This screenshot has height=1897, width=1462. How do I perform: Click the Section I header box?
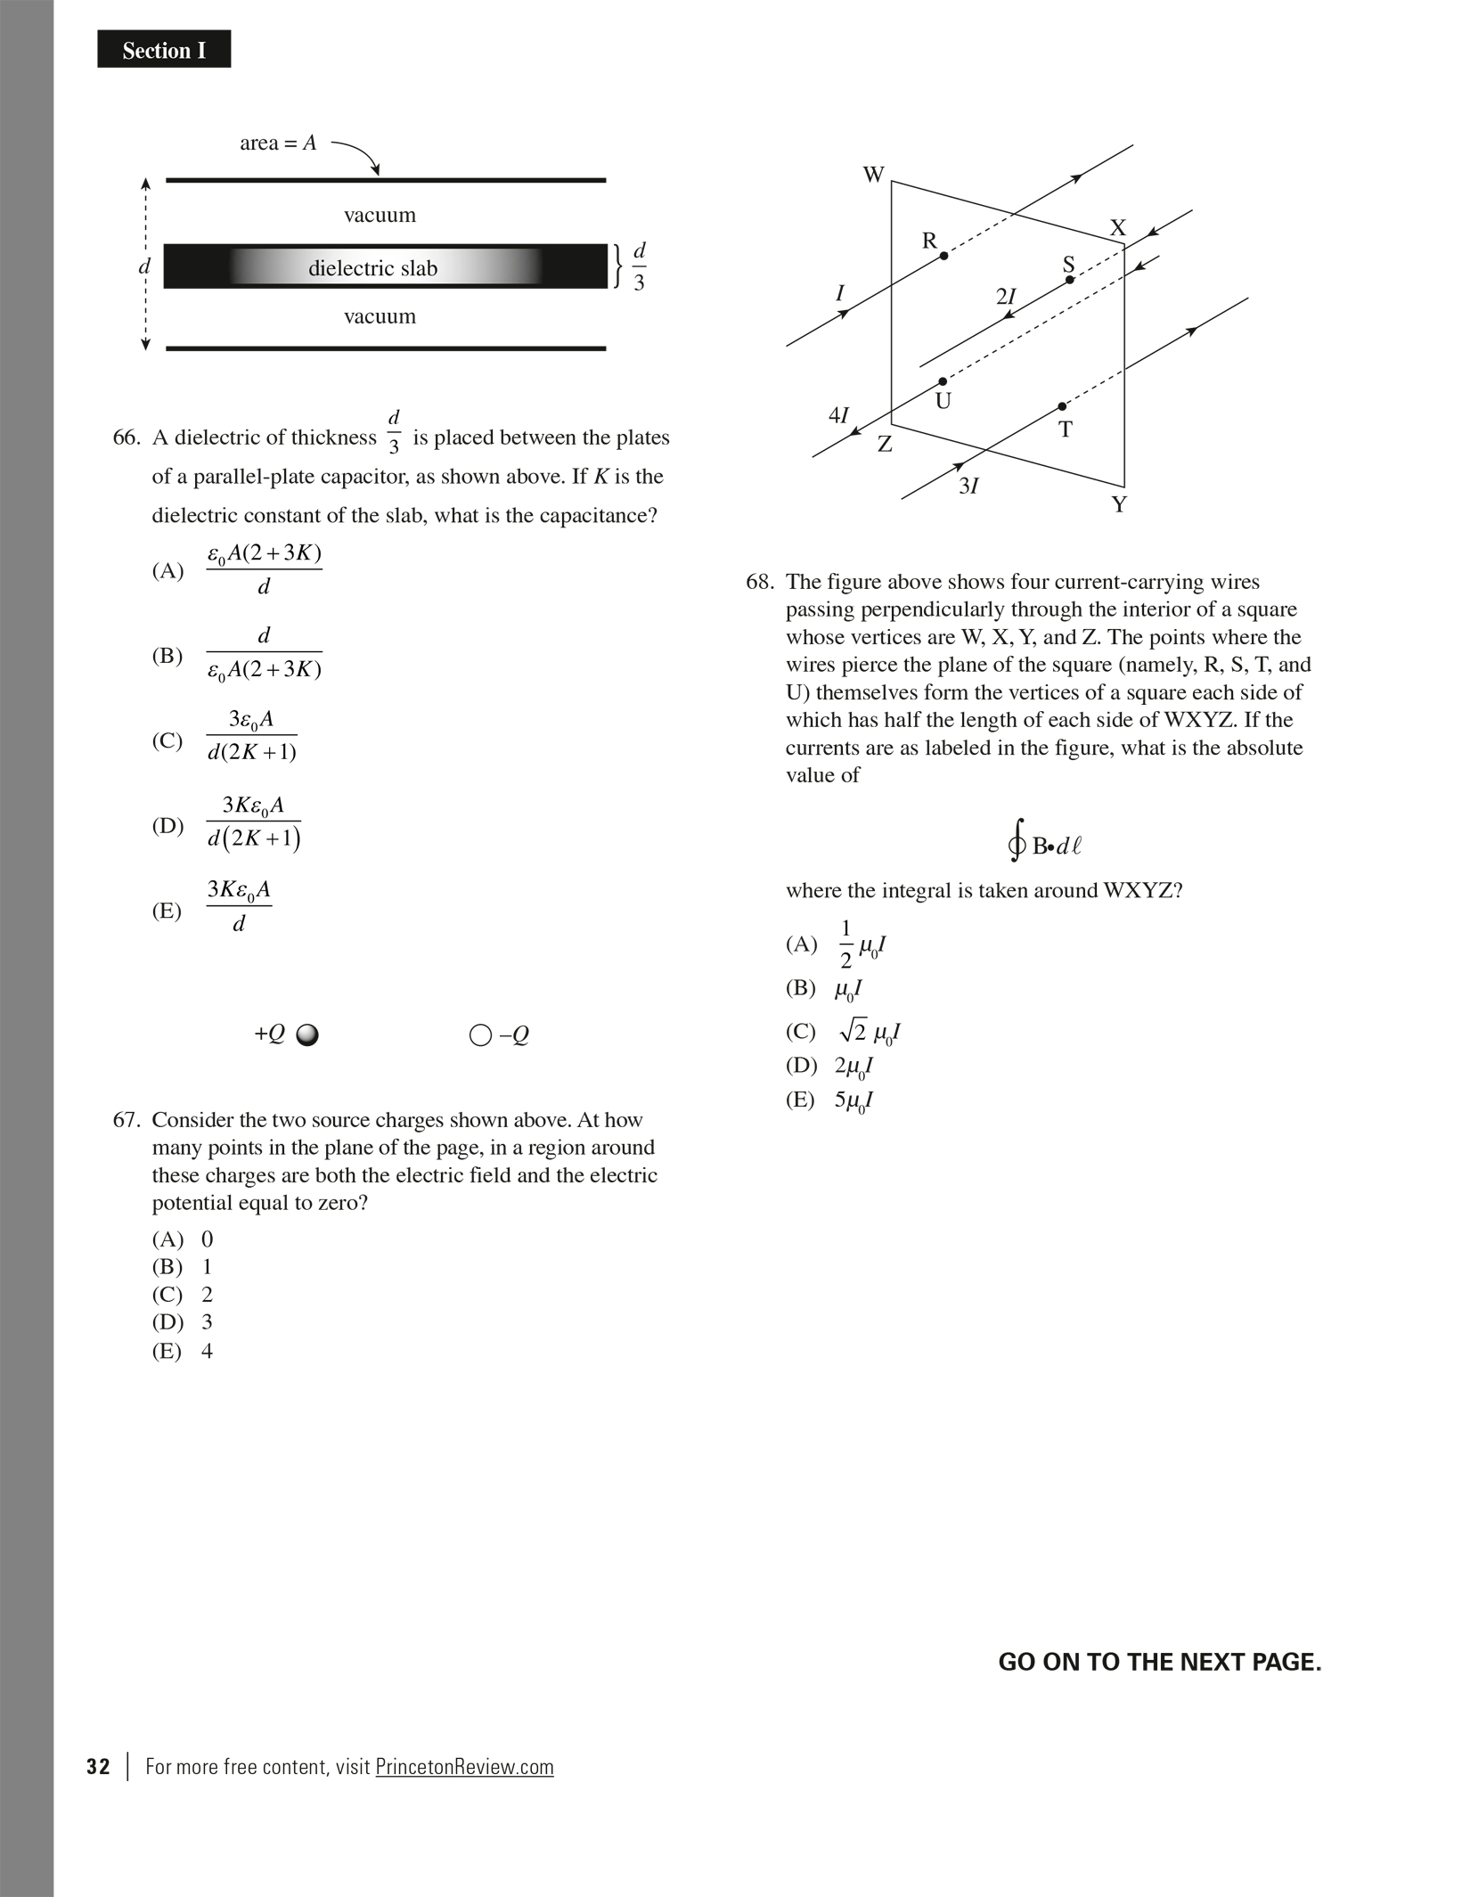tap(164, 50)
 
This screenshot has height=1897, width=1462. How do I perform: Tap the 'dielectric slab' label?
tap(372, 268)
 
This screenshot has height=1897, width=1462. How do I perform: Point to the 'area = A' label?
tap(278, 143)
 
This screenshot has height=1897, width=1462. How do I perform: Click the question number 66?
tap(127, 437)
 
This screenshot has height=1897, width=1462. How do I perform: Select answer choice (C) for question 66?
tap(167, 740)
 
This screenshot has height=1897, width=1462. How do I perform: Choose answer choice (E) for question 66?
tap(167, 911)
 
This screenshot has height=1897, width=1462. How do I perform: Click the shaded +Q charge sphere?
tap(307, 1034)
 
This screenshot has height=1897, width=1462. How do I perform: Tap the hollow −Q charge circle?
tap(480, 1034)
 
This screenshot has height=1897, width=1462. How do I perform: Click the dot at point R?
tap(944, 256)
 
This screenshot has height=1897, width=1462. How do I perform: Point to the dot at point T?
tap(1062, 406)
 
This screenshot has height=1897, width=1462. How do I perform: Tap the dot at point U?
tap(943, 381)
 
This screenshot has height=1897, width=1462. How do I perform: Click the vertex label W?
tap(874, 175)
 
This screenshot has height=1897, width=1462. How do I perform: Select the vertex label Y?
tap(1119, 505)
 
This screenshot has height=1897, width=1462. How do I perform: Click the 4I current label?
tap(838, 415)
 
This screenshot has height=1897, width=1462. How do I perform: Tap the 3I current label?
tap(968, 486)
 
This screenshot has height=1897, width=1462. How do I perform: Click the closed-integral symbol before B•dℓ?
tap(1017, 842)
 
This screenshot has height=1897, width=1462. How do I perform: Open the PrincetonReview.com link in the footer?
tap(464, 1767)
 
